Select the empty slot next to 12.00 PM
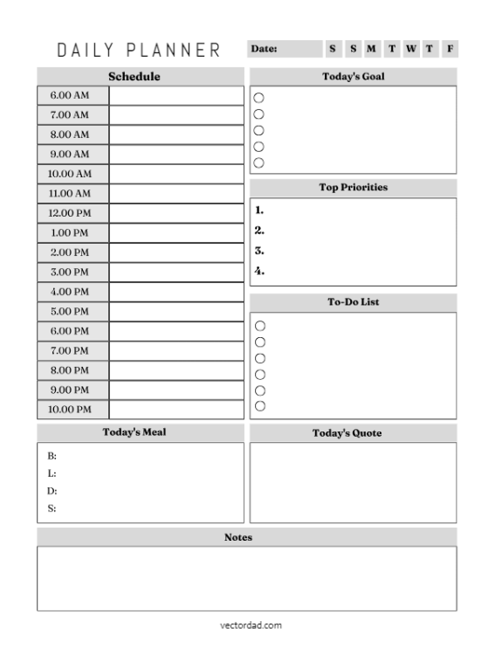[176, 213]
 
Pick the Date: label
[265, 49]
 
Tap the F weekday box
[450, 49]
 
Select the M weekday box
[371, 49]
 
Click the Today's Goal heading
[353, 77]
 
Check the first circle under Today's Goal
[258, 98]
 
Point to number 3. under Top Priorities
[259, 251]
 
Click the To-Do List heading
[353, 302]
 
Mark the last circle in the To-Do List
[258, 405]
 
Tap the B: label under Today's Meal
[52, 456]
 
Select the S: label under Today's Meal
[52, 508]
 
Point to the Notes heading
[238, 537]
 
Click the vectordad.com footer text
[251, 625]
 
